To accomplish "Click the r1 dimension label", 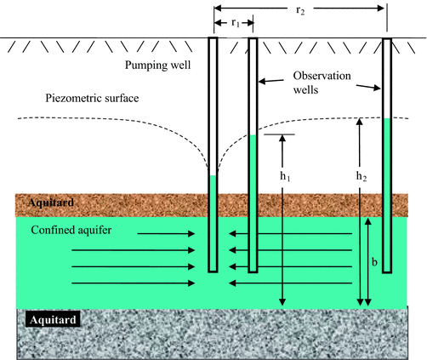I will pyautogui.click(x=231, y=23).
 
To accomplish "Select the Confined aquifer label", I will pyautogui.click(x=71, y=231).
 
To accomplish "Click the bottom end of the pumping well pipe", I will pyautogui.click(x=213, y=271).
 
